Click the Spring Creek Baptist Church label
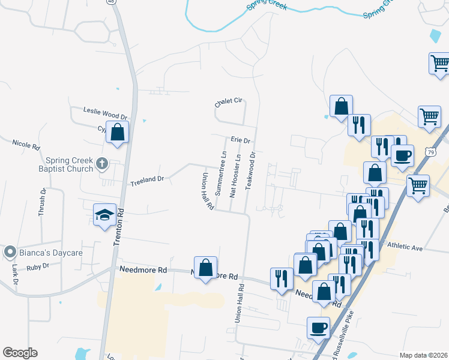pyautogui.click(x=70, y=164)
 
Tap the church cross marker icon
pyautogui.click(x=103, y=163)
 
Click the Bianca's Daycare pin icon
pyautogui.click(x=10, y=253)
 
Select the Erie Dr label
pyautogui.click(x=240, y=140)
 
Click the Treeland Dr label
pyautogui.click(x=147, y=179)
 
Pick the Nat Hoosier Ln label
pyautogui.click(x=236, y=176)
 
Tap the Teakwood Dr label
pyautogui.click(x=252, y=169)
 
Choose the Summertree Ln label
pyautogui.click(x=220, y=174)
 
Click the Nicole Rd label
pyautogui.click(x=26, y=145)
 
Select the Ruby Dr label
pyautogui.click(x=37, y=265)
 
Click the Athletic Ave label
pyautogui.click(x=405, y=247)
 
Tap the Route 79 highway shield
pyautogui.click(x=430, y=152)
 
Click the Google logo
pyautogui.click(x=20, y=353)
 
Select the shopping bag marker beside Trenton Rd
pyautogui.click(x=117, y=133)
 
